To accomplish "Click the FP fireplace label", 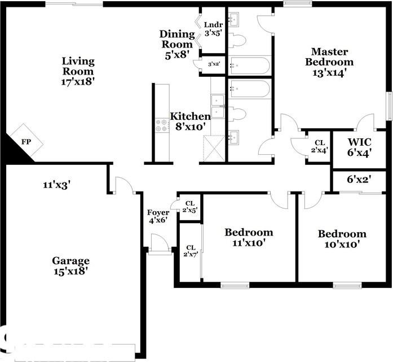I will pos(26,141).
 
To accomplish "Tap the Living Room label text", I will pos(78,71).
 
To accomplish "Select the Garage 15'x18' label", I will pos(71,265).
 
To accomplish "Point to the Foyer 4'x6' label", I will pos(158,217).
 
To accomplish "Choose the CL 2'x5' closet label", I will pos(190,207).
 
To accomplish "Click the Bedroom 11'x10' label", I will pos(249,237).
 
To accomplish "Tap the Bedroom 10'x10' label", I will pos(342,239).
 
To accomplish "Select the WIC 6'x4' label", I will pos(359,147).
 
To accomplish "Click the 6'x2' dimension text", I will pos(359,180).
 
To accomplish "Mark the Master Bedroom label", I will pos(329,62).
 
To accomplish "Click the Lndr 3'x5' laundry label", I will pos(213,28).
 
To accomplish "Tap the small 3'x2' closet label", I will pos(214,64).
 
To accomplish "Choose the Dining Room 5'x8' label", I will pos(178,44).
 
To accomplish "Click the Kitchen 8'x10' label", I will pos(191,121).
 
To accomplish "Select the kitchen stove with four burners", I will pos(162,125).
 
